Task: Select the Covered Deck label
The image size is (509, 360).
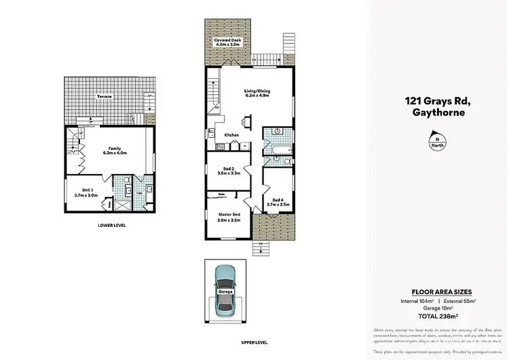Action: pyautogui.click(x=227, y=43)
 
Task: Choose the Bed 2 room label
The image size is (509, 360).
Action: pyautogui.click(x=229, y=172)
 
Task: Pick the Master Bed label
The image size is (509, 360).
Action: pyautogui.click(x=228, y=217)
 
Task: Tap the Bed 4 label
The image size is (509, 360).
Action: pyautogui.click(x=278, y=201)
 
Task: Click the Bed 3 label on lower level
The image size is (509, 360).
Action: pyautogui.click(x=86, y=192)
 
